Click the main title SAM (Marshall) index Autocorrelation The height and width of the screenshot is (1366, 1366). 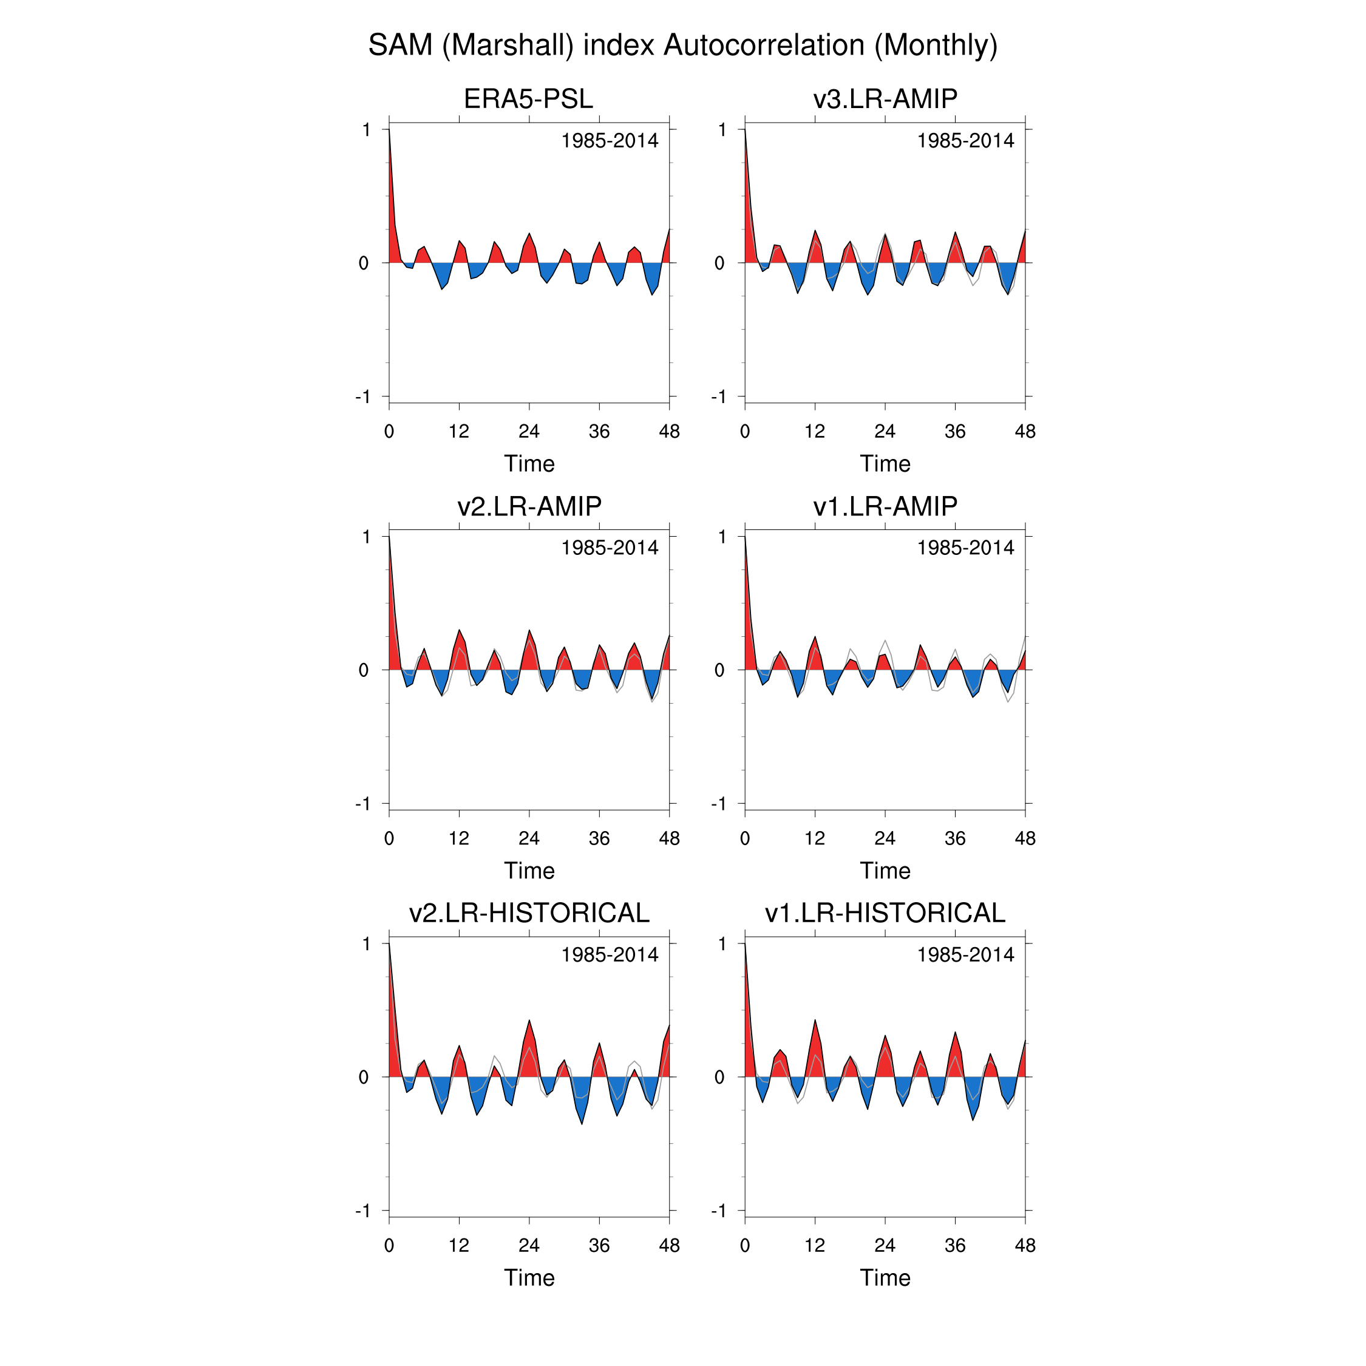pyautogui.click(x=682, y=46)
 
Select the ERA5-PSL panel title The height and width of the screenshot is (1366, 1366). pyautogui.click(x=528, y=99)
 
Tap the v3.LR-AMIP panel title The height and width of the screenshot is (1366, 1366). pyautogui.click(x=885, y=99)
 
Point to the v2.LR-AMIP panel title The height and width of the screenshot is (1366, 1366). pyautogui.click(x=528, y=506)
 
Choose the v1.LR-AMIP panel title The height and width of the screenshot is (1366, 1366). pyautogui.click(x=885, y=506)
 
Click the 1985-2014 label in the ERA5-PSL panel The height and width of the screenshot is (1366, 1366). pyautogui.click(x=610, y=141)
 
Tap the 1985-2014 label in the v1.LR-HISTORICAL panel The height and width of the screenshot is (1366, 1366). pyautogui.click(x=965, y=954)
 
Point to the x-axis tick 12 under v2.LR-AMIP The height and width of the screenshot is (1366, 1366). pyautogui.click(x=459, y=838)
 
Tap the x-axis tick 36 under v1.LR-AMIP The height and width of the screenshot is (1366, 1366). pyautogui.click(x=954, y=838)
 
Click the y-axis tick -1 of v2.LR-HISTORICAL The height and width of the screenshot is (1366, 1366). pyautogui.click(x=362, y=1211)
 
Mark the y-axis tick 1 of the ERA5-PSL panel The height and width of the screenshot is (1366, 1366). pyautogui.click(x=366, y=129)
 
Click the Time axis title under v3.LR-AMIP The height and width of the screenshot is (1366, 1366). pyautogui.click(x=885, y=464)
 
